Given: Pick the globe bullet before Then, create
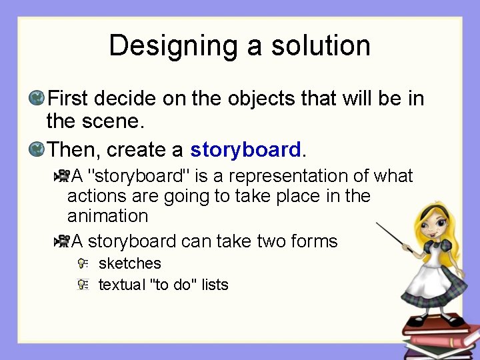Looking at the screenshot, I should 37,149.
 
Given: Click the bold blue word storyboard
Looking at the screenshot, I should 245,149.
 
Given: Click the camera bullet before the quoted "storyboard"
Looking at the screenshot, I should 62,176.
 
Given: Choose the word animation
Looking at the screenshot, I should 107,216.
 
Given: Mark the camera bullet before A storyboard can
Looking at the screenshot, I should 62,241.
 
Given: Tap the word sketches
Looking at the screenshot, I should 129,263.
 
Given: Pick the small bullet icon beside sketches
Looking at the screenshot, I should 83,264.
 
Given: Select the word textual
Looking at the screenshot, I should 121,285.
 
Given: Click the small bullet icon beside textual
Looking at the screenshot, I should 83,285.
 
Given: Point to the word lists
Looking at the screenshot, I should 215,285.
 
